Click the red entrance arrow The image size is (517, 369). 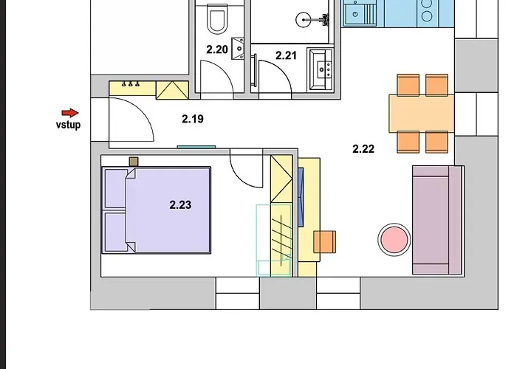(x=70, y=113)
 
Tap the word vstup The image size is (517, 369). (x=68, y=125)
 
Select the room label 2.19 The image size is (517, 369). (x=193, y=119)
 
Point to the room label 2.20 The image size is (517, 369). (x=217, y=49)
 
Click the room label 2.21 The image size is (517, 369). (x=286, y=55)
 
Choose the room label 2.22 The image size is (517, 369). (x=363, y=149)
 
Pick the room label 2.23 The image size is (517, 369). (x=180, y=205)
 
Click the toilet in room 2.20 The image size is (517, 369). (x=217, y=18)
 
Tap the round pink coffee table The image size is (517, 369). (x=394, y=240)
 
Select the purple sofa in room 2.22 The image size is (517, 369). (x=438, y=220)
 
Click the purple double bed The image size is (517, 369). (x=157, y=210)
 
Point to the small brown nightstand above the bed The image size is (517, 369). (x=134, y=162)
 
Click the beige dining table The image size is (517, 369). (x=422, y=114)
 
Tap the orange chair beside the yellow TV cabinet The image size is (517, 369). (x=324, y=242)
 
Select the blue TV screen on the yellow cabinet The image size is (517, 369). (x=301, y=197)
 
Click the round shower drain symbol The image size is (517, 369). (x=304, y=20)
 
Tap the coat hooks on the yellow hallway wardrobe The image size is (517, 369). (x=131, y=84)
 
